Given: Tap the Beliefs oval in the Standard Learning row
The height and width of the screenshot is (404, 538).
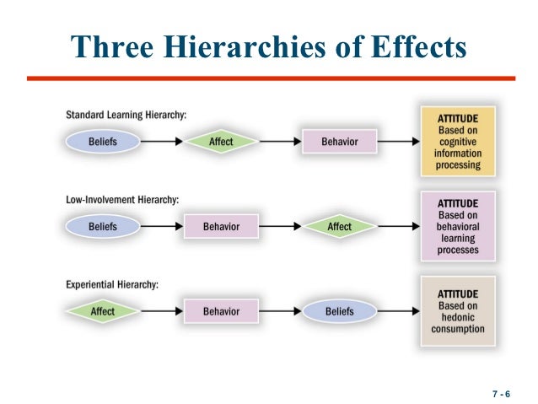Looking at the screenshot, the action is click(x=102, y=143).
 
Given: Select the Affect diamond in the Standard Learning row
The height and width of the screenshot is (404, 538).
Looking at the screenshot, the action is click(x=221, y=143).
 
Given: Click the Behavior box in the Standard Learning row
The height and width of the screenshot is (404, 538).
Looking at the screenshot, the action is click(x=339, y=143).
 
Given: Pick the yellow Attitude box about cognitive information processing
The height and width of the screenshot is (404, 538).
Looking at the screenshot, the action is click(x=458, y=141).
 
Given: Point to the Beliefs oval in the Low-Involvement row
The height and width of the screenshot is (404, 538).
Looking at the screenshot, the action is click(x=102, y=227).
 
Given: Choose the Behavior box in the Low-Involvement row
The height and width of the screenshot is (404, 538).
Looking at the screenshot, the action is click(x=221, y=227).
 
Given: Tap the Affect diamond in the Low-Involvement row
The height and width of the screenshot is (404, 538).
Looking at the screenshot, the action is click(x=339, y=227).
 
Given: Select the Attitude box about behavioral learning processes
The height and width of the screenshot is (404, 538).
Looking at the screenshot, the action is click(x=458, y=226).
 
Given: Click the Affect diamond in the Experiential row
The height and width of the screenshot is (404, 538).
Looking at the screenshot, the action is click(x=102, y=311).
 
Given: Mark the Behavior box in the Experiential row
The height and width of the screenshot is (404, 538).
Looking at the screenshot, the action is click(x=221, y=311).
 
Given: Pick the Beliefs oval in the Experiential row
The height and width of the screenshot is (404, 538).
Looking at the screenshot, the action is click(x=339, y=311).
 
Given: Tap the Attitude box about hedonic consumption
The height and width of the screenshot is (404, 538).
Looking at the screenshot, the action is click(x=458, y=310).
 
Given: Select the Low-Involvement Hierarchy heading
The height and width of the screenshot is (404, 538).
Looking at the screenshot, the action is click(x=122, y=200).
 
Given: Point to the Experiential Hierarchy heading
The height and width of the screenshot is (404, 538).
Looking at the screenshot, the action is click(x=110, y=284).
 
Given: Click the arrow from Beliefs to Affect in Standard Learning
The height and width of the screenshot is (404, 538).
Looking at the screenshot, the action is click(x=161, y=143).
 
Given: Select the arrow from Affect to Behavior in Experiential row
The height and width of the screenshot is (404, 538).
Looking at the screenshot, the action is click(x=161, y=311).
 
